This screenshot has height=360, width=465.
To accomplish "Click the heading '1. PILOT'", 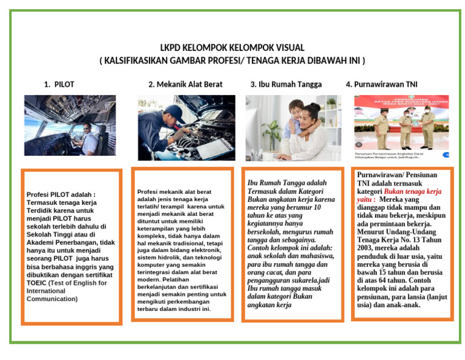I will click(x=59, y=84).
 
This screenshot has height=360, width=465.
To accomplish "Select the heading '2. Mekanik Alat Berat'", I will click(x=185, y=84).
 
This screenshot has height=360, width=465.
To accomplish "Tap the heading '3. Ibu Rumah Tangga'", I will click(x=286, y=84).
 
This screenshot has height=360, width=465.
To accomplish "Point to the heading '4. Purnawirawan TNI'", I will click(x=381, y=84).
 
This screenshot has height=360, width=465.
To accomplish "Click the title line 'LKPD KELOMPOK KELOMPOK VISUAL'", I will click(x=232, y=48).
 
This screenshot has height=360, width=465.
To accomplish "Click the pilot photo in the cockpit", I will click(x=62, y=125).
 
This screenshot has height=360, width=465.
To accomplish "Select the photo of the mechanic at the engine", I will click(x=186, y=127).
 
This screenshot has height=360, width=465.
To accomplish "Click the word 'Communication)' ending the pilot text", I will click(x=52, y=299).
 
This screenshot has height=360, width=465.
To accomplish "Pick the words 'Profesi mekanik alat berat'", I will click(x=174, y=191).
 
